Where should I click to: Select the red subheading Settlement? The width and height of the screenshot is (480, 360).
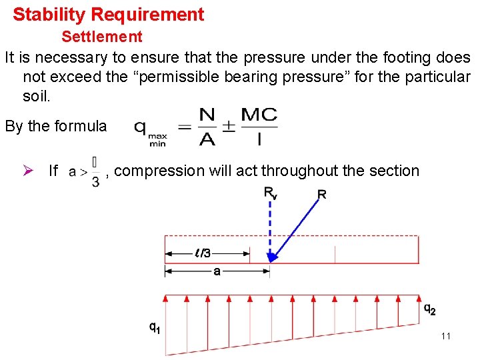[x=102, y=36]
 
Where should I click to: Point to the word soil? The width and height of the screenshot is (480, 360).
[x=36, y=96]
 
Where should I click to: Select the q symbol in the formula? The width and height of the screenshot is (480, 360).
[x=141, y=127]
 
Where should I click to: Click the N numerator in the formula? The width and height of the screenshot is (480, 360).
[x=207, y=115]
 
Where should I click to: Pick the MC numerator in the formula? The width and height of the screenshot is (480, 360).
[x=259, y=115]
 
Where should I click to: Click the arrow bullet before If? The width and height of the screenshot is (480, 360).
[x=29, y=171]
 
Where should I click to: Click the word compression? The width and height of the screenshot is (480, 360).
[x=158, y=171]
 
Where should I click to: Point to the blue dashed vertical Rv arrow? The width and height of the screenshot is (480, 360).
[x=270, y=227]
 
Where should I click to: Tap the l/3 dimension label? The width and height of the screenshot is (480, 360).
[x=204, y=253]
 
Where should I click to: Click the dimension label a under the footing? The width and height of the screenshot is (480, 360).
[x=217, y=271]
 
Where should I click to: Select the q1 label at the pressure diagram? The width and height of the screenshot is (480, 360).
[x=154, y=327]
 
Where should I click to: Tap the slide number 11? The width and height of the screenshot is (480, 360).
[x=445, y=336]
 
